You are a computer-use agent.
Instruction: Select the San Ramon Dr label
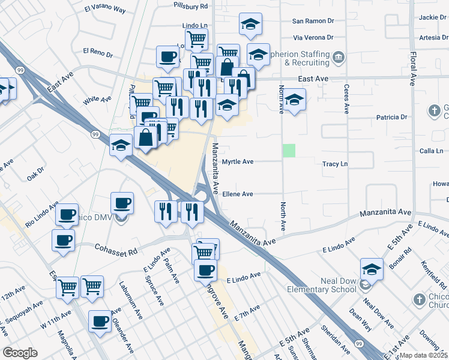[313, 20]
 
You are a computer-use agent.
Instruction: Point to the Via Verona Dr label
[313, 37]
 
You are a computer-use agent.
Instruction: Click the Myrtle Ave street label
[238, 162]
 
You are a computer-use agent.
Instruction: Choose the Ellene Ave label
[238, 194]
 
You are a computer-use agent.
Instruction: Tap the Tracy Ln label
[335, 164]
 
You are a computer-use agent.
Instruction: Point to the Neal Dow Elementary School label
[321, 284]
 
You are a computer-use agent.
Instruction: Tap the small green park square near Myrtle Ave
[289, 151]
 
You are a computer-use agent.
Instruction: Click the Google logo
[20, 352]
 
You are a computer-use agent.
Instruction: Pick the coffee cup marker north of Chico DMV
[122, 203]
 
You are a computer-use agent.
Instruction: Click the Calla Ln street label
[431, 151]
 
